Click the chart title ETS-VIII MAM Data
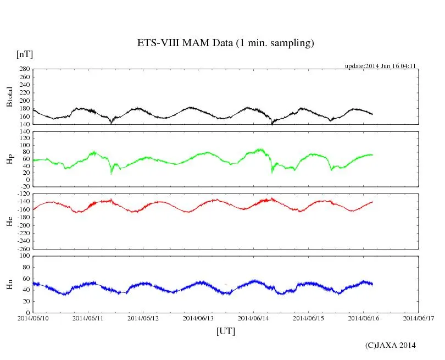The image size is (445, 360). (225, 43)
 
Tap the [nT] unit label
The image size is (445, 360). (24, 54)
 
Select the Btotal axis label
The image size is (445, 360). (9, 97)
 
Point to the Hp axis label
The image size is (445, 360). (9, 159)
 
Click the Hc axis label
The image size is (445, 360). (9, 221)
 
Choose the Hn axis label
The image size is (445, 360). (9, 284)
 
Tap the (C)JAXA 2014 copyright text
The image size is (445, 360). (390, 345)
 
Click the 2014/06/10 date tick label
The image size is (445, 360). (33, 318)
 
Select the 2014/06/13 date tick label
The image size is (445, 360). (198, 318)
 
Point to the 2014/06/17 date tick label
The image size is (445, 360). (419, 318)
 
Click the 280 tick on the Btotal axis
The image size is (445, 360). (24, 69)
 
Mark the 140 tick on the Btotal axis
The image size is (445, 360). (24, 124)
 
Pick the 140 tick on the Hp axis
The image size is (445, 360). (24, 131)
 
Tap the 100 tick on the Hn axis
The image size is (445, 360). (24, 256)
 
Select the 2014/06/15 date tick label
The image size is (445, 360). (309, 318)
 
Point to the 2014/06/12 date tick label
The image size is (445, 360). (143, 318)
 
